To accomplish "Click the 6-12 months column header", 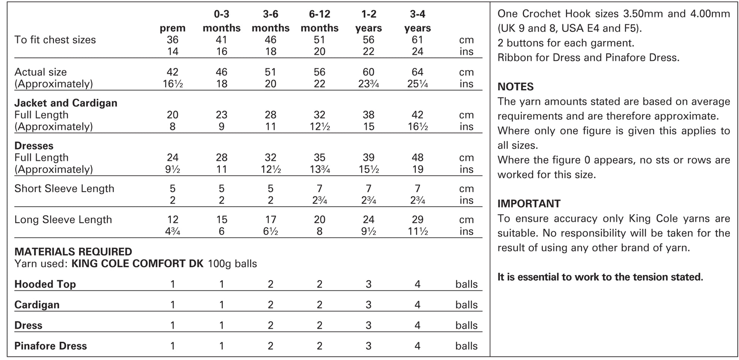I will pyautogui.click(x=319, y=21).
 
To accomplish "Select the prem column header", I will pyautogui.click(x=172, y=28).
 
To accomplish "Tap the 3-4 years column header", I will pyautogui.click(x=417, y=21).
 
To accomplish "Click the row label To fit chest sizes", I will pyautogui.click(x=55, y=40).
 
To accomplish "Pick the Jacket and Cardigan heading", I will pyautogui.click(x=66, y=103).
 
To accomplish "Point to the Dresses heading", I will pyautogui.click(x=34, y=146).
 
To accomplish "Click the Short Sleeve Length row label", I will pyautogui.click(x=64, y=189).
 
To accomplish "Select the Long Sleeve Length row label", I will pyautogui.click(x=63, y=219).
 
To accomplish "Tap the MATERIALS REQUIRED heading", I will pyautogui.click(x=73, y=252).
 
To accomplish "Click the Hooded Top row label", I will pyautogui.click(x=45, y=284).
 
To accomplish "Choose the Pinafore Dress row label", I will pyautogui.click(x=51, y=346).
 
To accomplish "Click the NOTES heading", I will pyautogui.click(x=515, y=87).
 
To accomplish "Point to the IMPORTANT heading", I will pyautogui.click(x=529, y=204).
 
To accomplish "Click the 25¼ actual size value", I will pyautogui.click(x=417, y=84).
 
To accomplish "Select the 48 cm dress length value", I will pyautogui.click(x=417, y=158).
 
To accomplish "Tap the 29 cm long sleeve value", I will pyautogui.click(x=417, y=219).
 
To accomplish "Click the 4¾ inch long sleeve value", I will pyautogui.click(x=172, y=231).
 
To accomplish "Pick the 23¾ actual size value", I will pyautogui.click(x=368, y=84).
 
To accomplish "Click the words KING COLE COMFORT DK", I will pyautogui.click(x=137, y=264).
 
